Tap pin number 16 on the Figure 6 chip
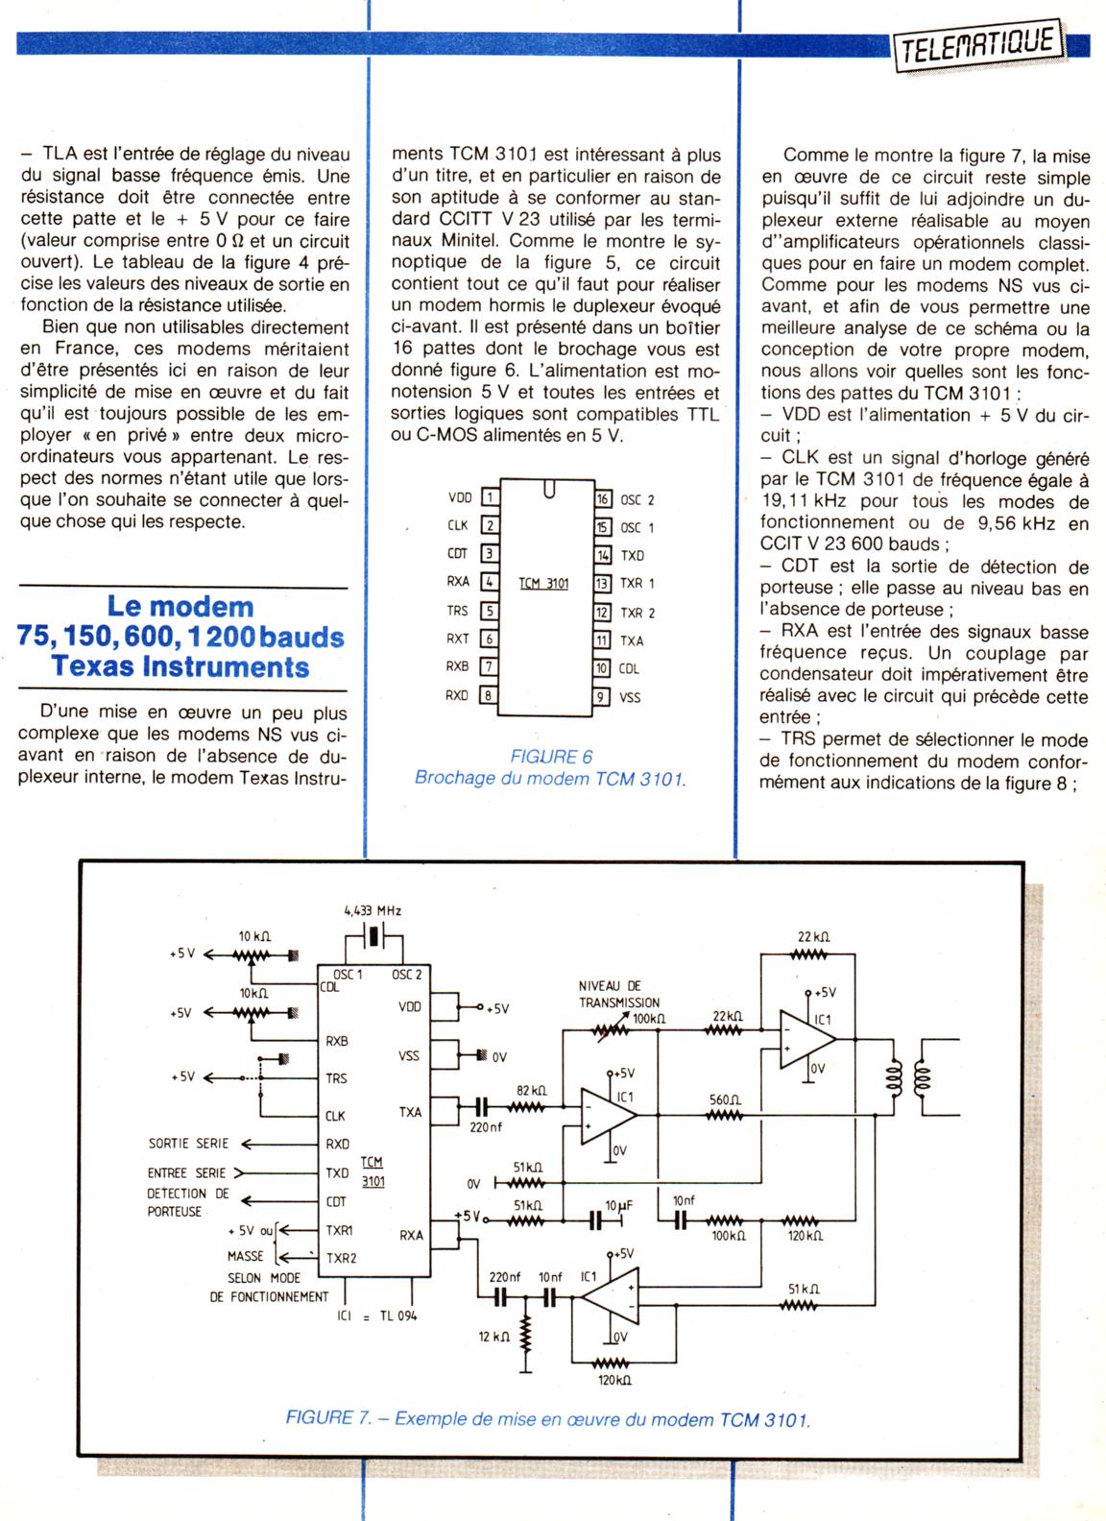(x=603, y=499)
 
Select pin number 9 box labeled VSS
(x=603, y=697)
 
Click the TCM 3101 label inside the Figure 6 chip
(x=543, y=583)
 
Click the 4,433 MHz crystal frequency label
(x=373, y=910)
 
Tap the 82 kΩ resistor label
(x=531, y=1091)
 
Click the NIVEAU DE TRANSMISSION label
(x=619, y=994)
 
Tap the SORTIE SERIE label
(x=188, y=1144)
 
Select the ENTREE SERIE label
(x=186, y=1172)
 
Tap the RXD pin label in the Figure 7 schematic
(x=337, y=1144)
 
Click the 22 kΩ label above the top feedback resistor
(x=813, y=938)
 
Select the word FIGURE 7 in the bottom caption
(x=328, y=1418)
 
